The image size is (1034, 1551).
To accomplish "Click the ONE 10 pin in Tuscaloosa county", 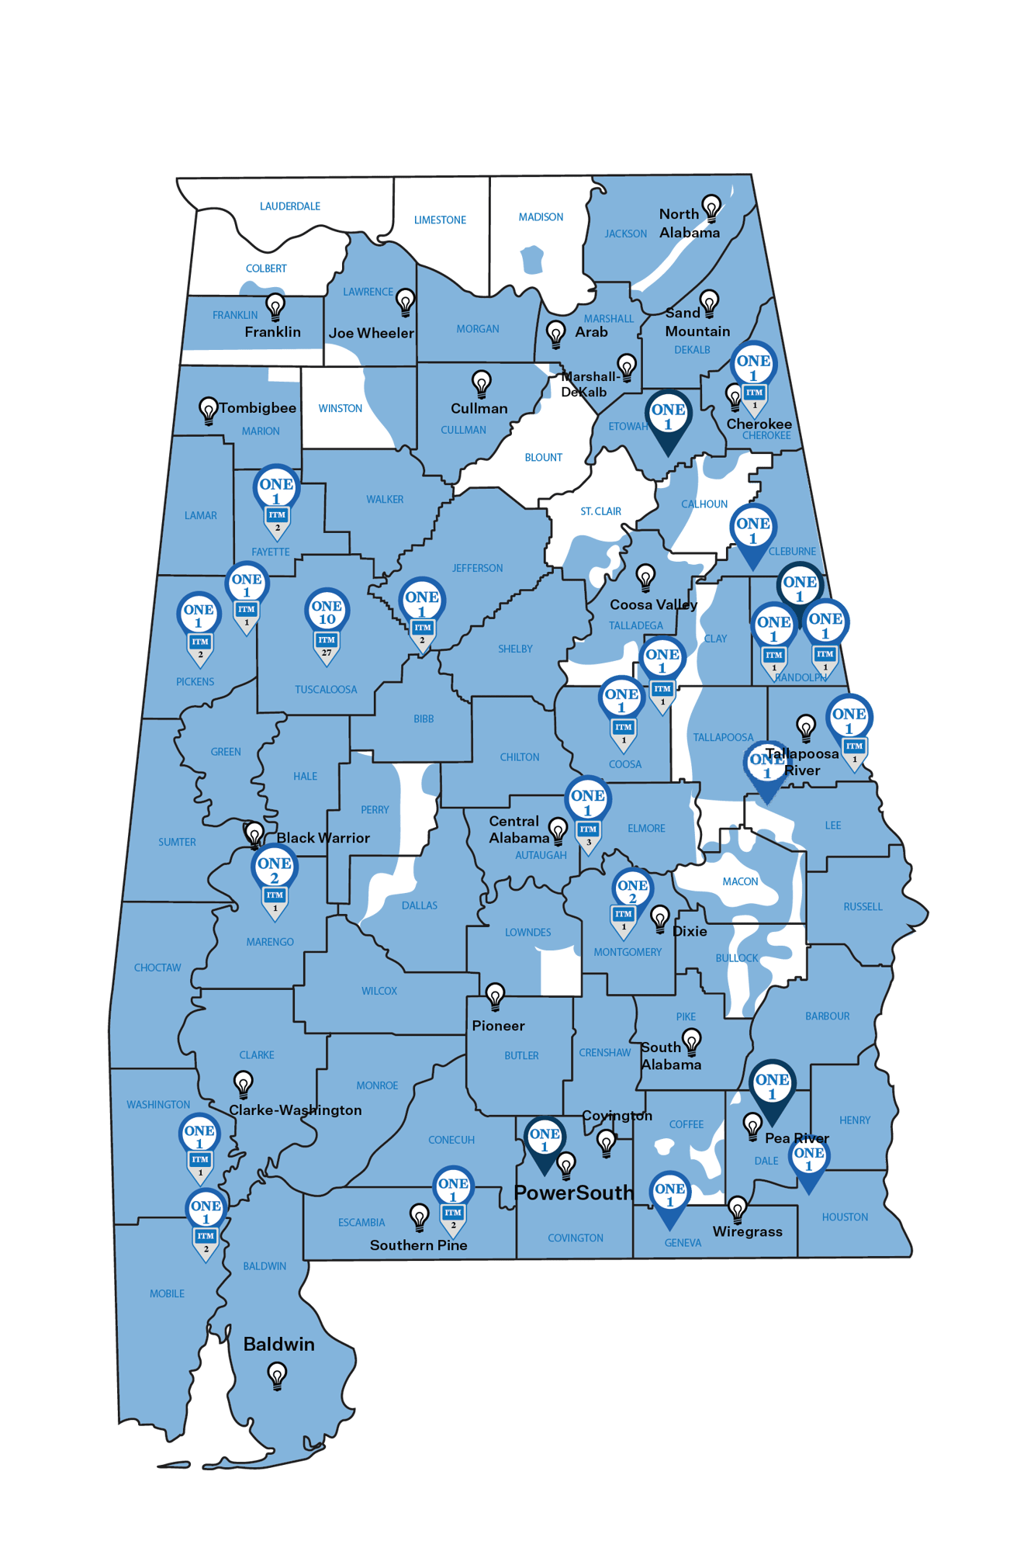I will point(327,611).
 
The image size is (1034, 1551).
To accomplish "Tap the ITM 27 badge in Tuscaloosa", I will point(327,643).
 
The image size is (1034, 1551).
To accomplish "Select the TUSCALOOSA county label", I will point(326,689).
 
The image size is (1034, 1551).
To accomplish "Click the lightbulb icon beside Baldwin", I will point(277,1375).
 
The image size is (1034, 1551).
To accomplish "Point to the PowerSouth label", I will point(573,1193).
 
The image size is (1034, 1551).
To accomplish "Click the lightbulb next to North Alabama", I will point(711,208).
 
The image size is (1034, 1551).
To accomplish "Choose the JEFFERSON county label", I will point(477,568).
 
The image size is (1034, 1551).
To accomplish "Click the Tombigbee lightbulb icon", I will point(208,410).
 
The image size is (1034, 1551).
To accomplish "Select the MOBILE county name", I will point(167,1293).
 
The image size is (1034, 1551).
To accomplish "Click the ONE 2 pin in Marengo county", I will point(275,870).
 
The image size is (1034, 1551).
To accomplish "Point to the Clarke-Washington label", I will point(295,1110).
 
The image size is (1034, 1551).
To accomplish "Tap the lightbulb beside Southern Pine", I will point(419,1216).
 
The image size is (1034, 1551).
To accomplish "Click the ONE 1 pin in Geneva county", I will point(669,1195).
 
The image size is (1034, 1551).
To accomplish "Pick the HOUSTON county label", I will point(845,1217).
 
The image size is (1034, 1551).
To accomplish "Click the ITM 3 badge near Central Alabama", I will point(588,833).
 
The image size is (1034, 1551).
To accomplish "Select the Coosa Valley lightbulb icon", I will point(645,576).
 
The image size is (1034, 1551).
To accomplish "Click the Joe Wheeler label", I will point(371,333).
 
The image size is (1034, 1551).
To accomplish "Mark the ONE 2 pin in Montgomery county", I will point(632,891).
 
